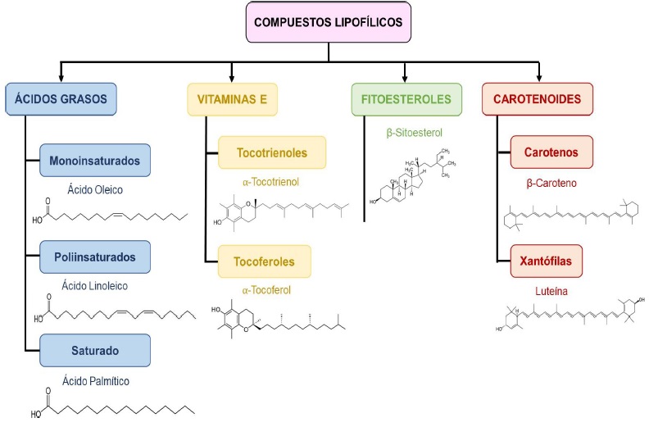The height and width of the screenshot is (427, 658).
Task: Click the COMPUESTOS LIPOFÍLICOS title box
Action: [x=329, y=22]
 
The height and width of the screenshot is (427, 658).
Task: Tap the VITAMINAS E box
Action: [x=233, y=99]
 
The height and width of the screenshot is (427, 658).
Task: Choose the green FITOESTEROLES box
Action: [x=406, y=99]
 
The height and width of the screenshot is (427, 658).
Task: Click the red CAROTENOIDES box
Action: [x=537, y=99]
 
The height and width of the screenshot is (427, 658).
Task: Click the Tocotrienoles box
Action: [x=271, y=152]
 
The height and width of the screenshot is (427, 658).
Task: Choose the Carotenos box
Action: [x=551, y=152]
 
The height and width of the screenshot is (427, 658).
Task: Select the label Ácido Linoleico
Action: [x=96, y=286]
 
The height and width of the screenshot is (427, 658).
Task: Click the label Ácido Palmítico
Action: [x=96, y=380]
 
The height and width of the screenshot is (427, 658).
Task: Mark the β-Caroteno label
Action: [x=551, y=182]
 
